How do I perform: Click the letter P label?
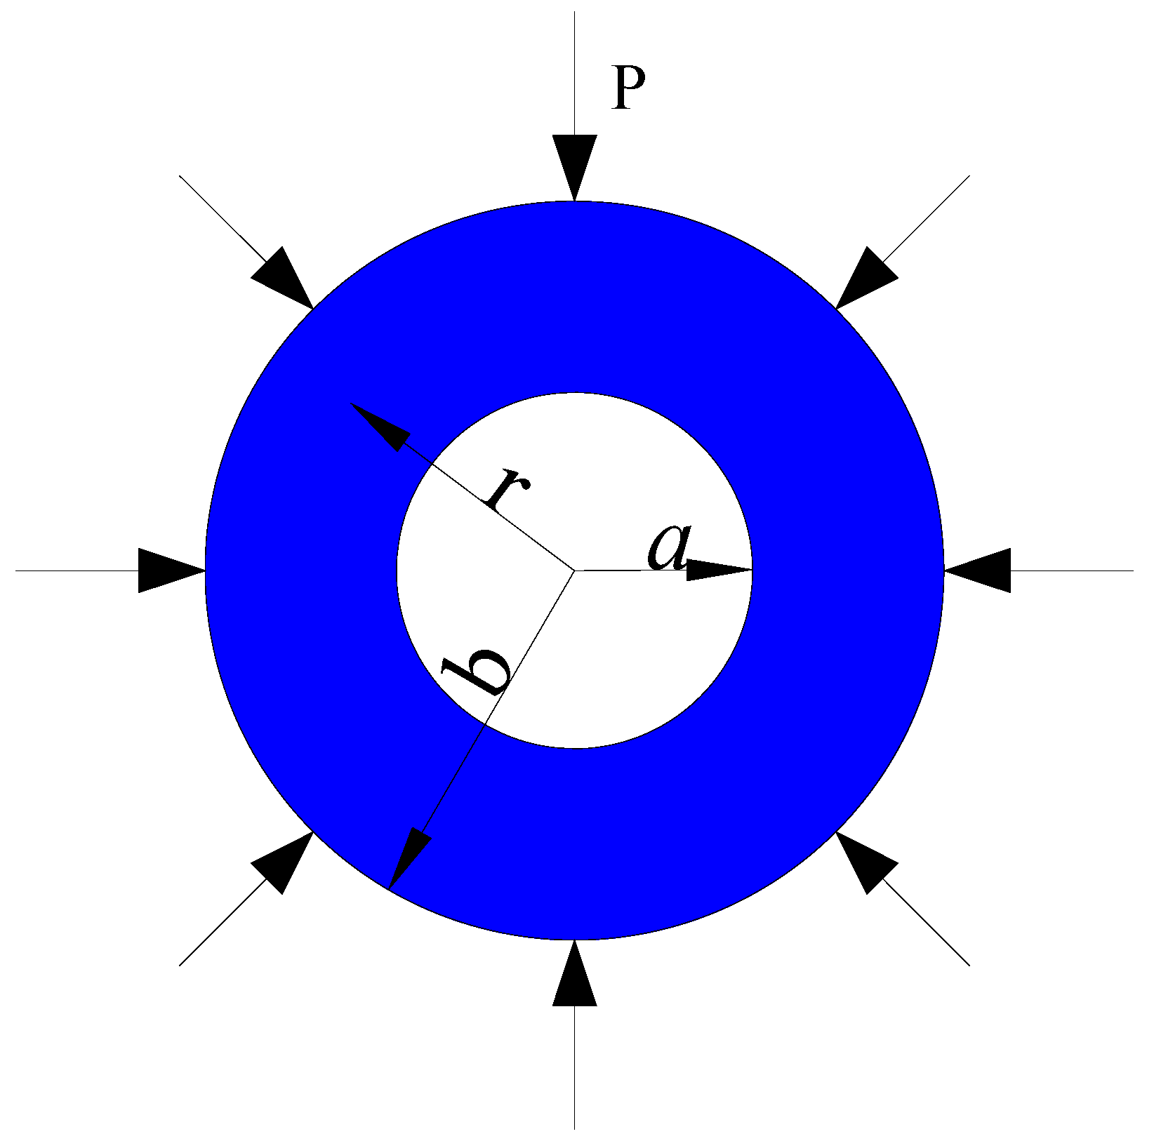tap(628, 88)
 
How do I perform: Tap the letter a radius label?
tap(669, 547)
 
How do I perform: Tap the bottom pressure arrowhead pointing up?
tap(575, 977)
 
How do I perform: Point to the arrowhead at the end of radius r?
tap(380, 425)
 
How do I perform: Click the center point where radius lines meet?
tap(575, 570)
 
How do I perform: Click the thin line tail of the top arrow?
tap(575, 70)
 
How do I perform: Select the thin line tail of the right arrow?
tap(1074, 570)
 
